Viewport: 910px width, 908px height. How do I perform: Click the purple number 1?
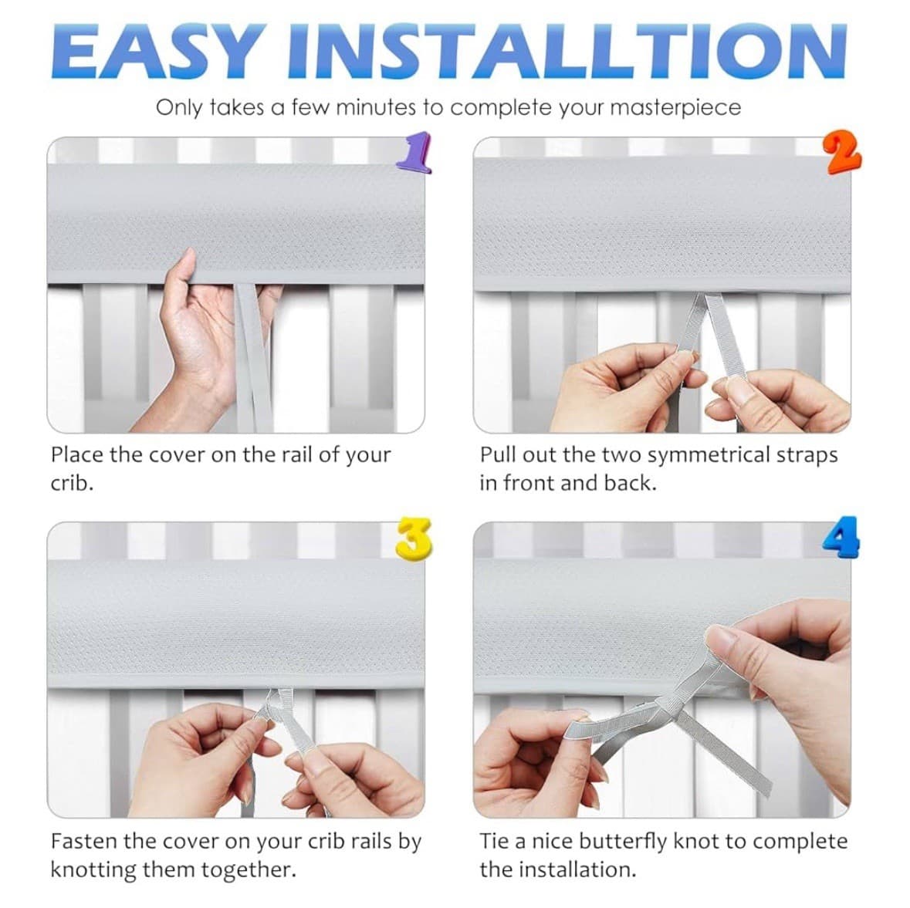click(414, 152)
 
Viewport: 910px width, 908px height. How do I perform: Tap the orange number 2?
click(841, 153)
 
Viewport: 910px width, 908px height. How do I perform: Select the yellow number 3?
click(413, 538)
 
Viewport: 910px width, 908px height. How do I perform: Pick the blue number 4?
click(841, 538)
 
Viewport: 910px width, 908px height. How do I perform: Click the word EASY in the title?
click(154, 52)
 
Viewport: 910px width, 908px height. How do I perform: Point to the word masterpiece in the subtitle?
click(675, 107)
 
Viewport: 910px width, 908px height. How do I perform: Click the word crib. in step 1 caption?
click(71, 484)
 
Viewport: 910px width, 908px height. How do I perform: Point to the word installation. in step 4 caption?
click(577, 869)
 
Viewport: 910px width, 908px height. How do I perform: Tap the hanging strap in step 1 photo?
click(252, 355)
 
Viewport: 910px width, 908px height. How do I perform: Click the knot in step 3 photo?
click(272, 704)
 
